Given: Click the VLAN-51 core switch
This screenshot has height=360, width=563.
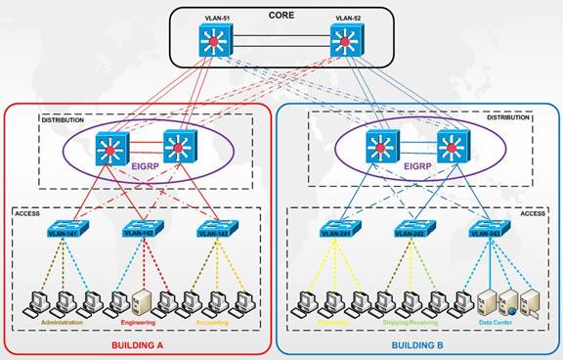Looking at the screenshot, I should click(213, 40).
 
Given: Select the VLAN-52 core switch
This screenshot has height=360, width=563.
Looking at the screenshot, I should click(343, 40).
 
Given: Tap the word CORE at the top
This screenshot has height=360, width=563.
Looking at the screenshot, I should click(281, 15).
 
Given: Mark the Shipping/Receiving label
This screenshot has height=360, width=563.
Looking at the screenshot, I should click(411, 320).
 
